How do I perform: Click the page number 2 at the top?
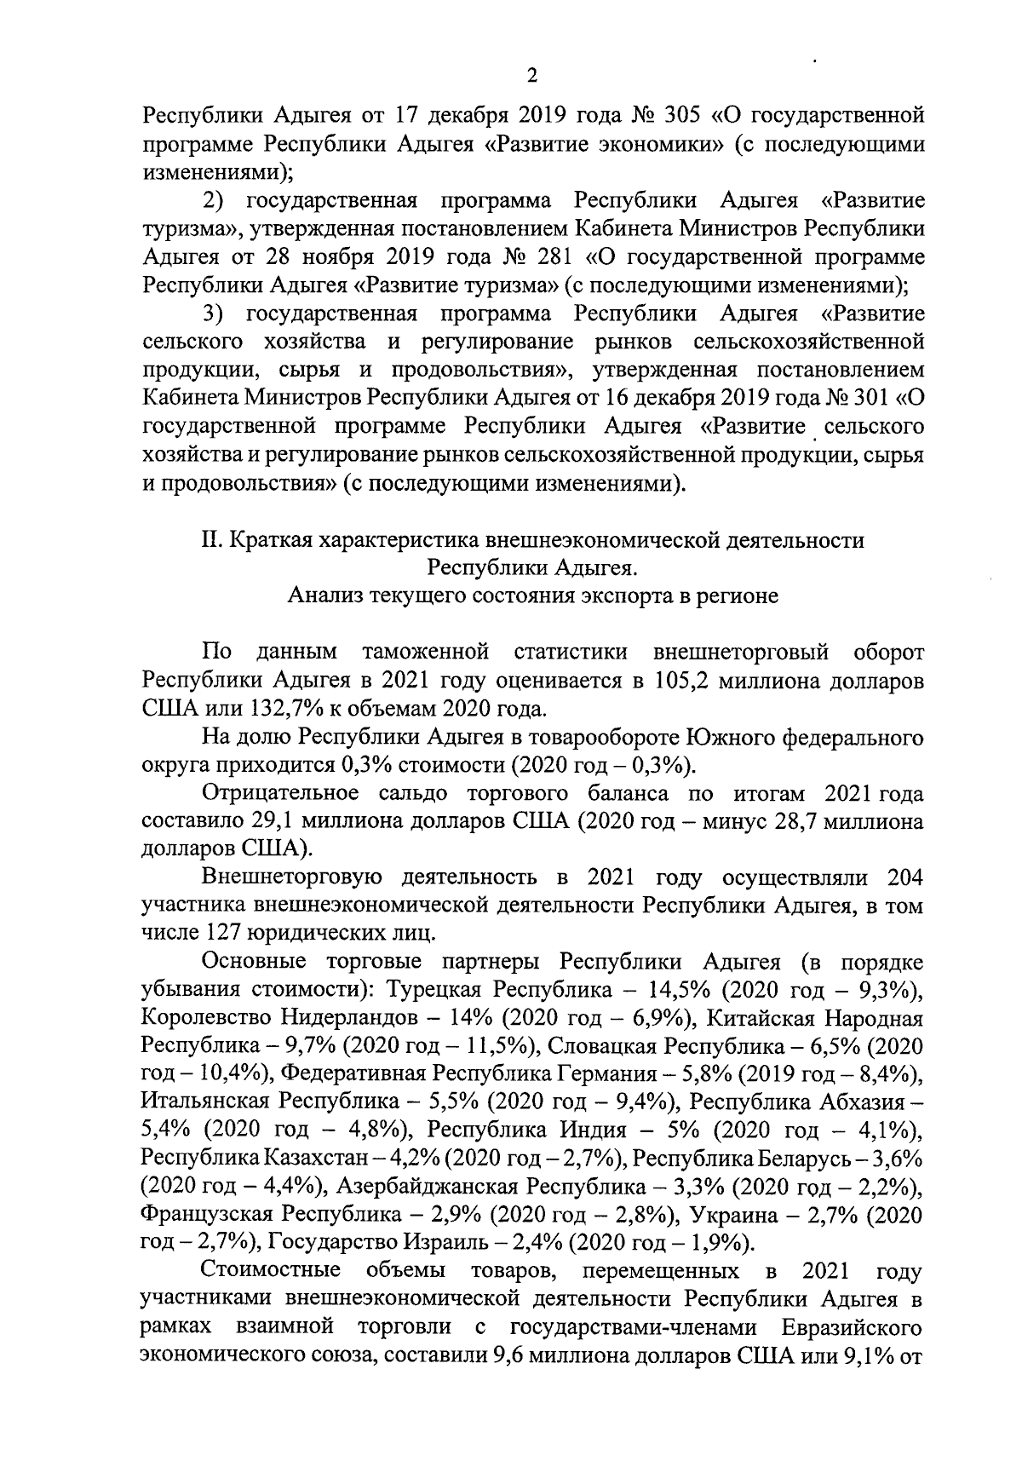[532, 78]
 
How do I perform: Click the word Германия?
[606, 1074]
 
